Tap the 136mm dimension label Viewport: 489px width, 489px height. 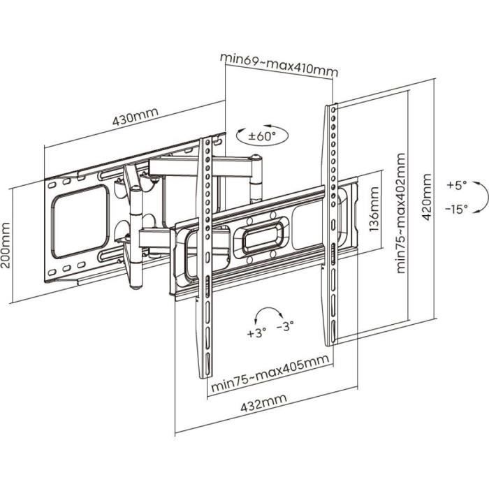click(x=374, y=210)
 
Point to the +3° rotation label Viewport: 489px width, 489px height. click(x=256, y=333)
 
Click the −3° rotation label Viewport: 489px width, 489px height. click(x=286, y=325)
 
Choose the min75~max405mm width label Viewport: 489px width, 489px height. click(x=270, y=381)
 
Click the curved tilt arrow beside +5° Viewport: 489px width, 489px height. click(x=479, y=197)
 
